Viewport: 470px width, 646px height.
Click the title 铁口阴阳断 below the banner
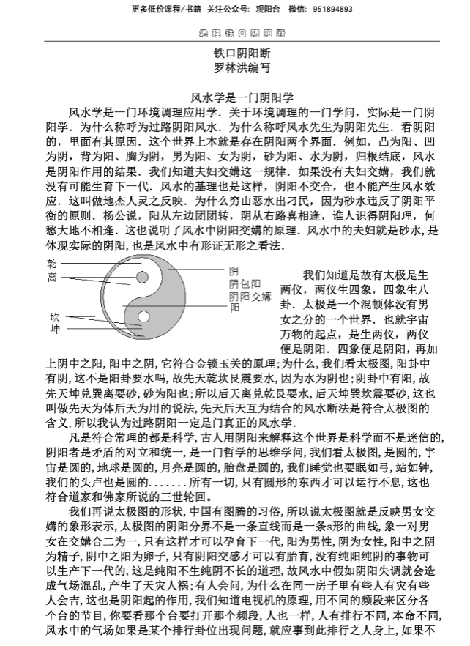[x=242, y=53]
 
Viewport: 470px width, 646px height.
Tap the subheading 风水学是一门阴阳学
[x=242, y=96]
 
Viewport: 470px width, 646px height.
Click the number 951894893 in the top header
[x=332, y=10]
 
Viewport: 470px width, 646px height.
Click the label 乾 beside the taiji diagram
[x=53, y=263]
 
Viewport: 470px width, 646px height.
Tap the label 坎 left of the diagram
[x=53, y=317]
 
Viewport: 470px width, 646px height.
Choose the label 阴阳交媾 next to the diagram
[x=250, y=296]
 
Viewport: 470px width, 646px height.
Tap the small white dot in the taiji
[x=143, y=317]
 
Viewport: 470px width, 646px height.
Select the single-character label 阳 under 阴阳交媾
[x=234, y=308]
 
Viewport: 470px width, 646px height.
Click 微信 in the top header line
[x=297, y=10]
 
